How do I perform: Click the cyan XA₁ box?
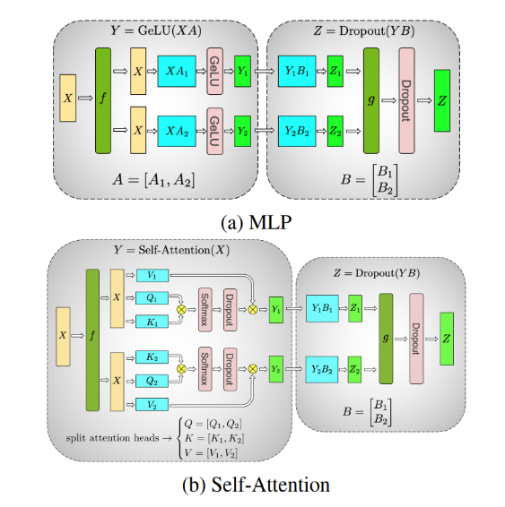click(176, 71)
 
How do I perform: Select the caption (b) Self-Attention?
click(252, 485)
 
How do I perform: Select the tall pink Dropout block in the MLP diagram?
click(407, 100)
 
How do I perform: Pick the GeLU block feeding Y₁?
click(214, 71)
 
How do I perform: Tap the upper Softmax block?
click(204, 305)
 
